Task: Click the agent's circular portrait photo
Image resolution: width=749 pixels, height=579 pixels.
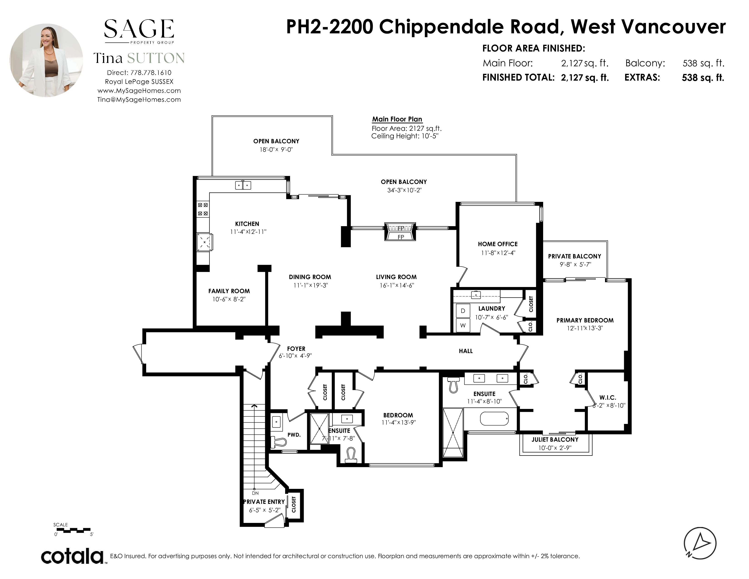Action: [46, 60]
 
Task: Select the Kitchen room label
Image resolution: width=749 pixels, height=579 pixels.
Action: [247, 224]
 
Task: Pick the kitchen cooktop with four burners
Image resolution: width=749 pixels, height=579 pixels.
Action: [203, 209]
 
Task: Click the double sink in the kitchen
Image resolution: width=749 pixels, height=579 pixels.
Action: [243, 185]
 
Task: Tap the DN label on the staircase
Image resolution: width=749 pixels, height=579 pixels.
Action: [255, 493]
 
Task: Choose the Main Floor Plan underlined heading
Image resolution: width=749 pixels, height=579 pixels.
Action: [397, 119]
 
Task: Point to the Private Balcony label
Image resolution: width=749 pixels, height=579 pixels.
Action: [574, 256]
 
